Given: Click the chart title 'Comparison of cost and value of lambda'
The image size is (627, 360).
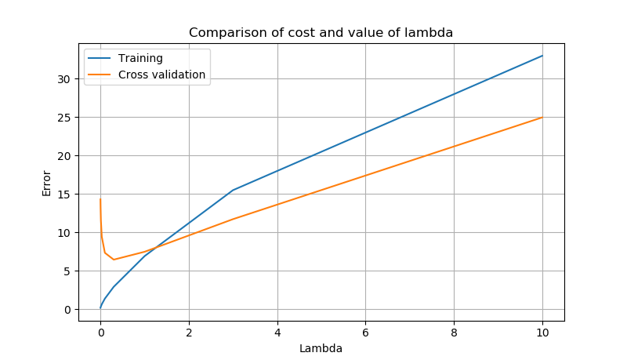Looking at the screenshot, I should (x=321, y=33).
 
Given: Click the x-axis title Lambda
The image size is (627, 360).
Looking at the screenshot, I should (x=321, y=348).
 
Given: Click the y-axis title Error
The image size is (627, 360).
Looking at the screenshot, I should (x=46, y=183).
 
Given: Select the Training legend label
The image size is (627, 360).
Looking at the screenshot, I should (x=140, y=59).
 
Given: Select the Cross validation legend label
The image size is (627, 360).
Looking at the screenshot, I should (x=161, y=75).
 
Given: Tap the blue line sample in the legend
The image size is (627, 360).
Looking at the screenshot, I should (x=100, y=59).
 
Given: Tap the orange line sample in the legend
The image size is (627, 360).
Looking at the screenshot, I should (x=100, y=75).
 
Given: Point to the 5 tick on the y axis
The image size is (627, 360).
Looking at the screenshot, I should (x=68, y=271).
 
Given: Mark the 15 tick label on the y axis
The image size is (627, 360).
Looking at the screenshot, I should (x=65, y=195).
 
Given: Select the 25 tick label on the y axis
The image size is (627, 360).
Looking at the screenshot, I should (x=65, y=118).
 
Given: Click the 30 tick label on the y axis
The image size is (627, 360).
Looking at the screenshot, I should (x=65, y=79).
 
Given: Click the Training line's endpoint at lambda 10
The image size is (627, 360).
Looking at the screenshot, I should (x=542, y=56).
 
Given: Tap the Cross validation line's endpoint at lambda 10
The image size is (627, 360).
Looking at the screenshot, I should (x=542, y=118).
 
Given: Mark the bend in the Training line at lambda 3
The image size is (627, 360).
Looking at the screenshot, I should (x=233, y=190).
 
